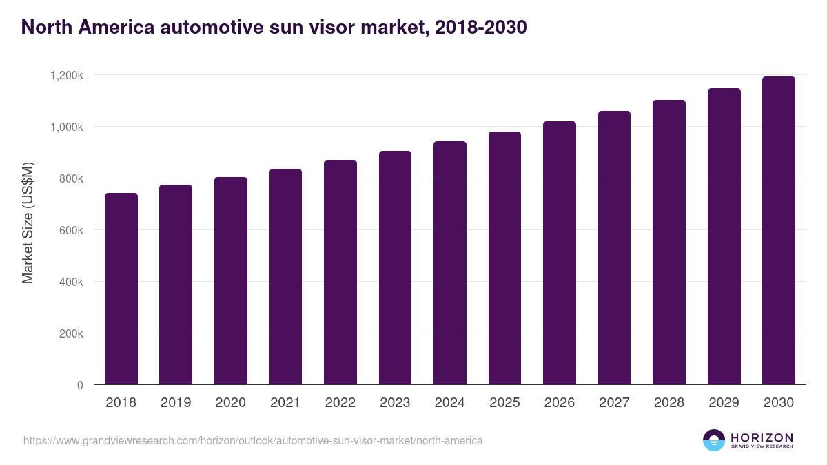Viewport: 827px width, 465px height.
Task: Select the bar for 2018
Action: [121, 289]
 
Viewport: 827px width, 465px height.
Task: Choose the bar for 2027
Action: [614, 248]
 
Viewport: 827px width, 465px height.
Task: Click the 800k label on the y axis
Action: [71, 178]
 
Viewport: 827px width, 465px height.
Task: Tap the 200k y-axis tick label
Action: [71, 333]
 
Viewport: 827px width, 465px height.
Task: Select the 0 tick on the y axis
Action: [80, 385]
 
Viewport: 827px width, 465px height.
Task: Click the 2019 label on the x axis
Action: [176, 403]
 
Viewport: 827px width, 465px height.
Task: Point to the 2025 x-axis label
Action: [504, 403]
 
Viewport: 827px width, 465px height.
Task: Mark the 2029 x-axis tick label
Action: [724, 403]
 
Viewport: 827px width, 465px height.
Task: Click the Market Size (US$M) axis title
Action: [28, 223]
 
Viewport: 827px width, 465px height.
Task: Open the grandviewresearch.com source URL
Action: [253, 440]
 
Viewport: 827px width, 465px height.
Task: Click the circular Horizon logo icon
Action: [714, 440]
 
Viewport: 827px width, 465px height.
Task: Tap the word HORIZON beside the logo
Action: [762, 437]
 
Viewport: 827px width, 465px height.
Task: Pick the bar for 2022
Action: [340, 272]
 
